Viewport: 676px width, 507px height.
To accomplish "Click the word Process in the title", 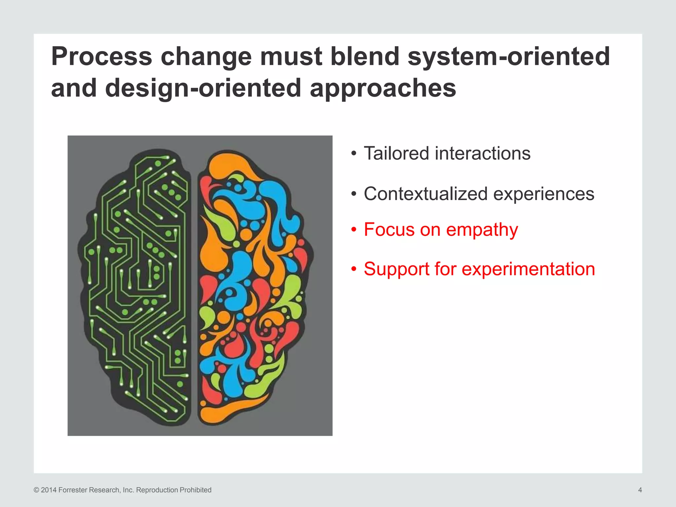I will (101, 57).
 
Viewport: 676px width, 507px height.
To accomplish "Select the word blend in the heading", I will (365, 56).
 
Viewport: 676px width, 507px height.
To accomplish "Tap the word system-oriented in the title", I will (509, 57).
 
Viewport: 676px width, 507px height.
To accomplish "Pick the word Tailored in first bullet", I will (396, 153).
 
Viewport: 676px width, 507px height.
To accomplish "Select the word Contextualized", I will (425, 194).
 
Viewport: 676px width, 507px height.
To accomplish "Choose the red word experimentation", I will (528, 269).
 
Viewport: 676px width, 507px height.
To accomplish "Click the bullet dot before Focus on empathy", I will (354, 229).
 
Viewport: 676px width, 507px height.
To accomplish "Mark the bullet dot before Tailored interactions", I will (354, 154).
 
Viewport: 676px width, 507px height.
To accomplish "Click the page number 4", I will (640, 490).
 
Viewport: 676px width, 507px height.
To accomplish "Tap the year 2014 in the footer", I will (49, 490).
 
